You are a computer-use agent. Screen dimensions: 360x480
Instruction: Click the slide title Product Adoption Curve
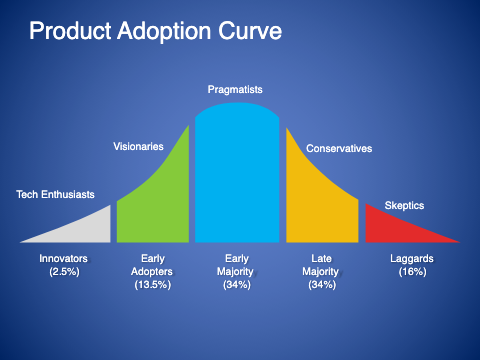pos(155,32)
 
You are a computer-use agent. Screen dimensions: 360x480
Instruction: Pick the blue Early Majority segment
pos(237,180)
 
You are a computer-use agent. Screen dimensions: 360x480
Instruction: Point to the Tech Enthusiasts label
pos(57,194)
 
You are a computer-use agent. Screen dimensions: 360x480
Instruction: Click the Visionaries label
pos(139,147)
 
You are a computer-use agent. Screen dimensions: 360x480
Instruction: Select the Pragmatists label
pos(237,90)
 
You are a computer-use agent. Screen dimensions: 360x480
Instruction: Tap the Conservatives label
pos(339,149)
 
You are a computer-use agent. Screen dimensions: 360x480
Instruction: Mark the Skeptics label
pos(404,205)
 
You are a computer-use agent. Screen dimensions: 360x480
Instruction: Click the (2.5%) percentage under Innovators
pos(63,272)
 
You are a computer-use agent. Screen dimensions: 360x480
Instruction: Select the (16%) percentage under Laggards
pos(412,272)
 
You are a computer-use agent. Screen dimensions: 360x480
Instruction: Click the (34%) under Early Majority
pos(237,285)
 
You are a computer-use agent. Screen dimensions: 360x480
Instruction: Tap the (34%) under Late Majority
pos(322,285)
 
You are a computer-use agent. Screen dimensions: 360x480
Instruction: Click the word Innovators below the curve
pos(63,259)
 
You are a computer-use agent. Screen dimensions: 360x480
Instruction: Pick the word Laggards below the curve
pos(412,259)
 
